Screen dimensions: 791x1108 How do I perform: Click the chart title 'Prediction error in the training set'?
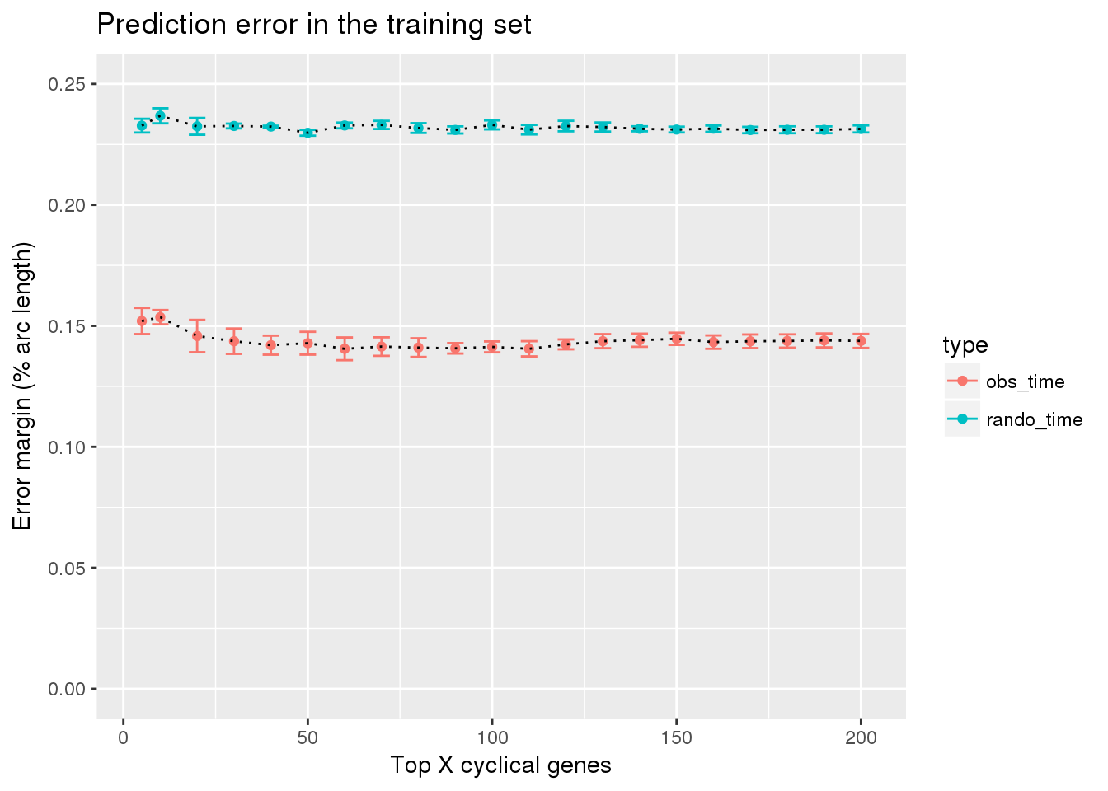(314, 24)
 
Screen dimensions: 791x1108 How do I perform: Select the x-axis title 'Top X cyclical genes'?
(500, 765)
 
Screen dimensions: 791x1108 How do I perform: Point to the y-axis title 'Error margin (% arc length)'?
(22, 386)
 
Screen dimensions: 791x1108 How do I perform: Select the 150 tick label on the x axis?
(676, 738)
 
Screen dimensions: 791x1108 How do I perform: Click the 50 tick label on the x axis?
(308, 738)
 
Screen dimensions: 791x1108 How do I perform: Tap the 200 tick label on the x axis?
(861, 738)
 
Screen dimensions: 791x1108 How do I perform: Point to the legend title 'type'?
(965, 345)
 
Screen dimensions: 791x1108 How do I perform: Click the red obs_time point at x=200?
(861, 341)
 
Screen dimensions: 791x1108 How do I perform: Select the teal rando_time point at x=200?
(861, 129)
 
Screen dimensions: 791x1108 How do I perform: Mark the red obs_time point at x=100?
(492, 347)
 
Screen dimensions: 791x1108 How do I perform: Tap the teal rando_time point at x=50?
(308, 133)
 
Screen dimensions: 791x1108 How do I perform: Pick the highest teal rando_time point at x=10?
(160, 116)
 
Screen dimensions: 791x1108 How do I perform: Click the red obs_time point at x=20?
(197, 335)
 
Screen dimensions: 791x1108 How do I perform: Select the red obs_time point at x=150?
(676, 339)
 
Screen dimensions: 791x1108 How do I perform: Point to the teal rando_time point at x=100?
(492, 124)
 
